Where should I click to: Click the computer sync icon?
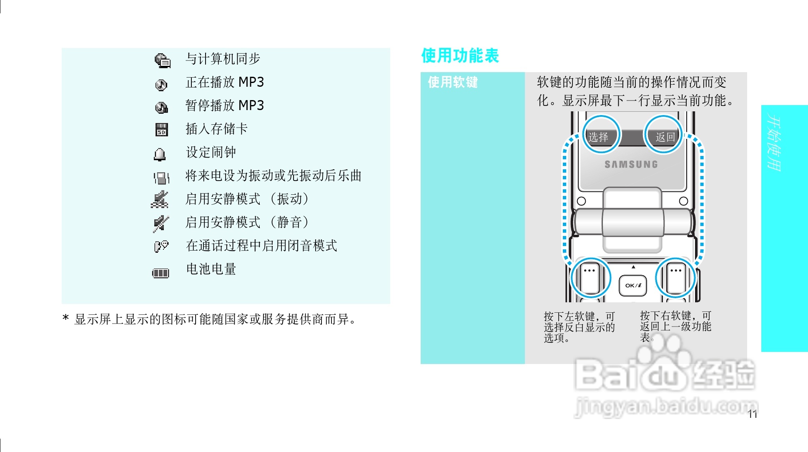(x=162, y=60)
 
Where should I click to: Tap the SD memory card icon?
(x=161, y=130)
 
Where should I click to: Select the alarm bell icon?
(x=160, y=154)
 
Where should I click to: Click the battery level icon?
(x=161, y=273)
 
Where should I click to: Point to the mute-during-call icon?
(x=161, y=246)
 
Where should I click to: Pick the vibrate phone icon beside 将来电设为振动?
(x=161, y=178)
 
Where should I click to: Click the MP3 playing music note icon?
(x=161, y=85)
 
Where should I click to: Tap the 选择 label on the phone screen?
(x=598, y=137)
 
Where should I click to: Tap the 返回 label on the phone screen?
(x=665, y=137)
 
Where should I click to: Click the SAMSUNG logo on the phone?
(x=631, y=165)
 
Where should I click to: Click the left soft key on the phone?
(x=590, y=278)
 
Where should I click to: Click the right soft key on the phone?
(x=676, y=278)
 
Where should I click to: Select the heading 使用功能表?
(x=460, y=55)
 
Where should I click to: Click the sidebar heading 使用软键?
(x=453, y=82)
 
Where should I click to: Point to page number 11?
(x=752, y=414)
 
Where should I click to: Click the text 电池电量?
(x=211, y=269)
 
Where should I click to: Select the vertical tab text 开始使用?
(x=774, y=143)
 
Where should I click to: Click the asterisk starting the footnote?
(x=65, y=319)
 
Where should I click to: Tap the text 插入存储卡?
(x=216, y=129)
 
